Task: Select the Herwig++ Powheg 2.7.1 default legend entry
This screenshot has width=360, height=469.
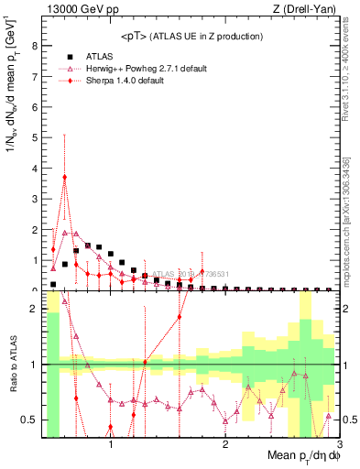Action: (x=141, y=69)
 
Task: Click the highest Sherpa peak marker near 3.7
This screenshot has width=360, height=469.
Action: (x=64, y=177)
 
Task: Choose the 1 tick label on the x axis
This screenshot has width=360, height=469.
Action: (x=111, y=445)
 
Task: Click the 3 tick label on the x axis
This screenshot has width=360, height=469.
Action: (x=339, y=445)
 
